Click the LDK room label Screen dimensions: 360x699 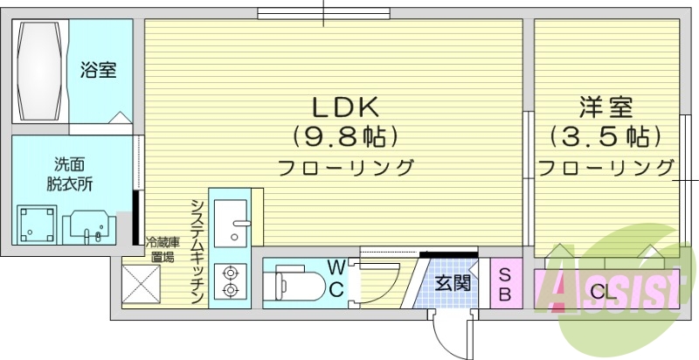(x=345, y=107)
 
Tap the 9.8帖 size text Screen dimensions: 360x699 (x=345, y=136)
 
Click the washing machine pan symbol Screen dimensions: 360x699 (x=38, y=224)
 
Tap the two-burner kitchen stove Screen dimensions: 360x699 (x=231, y=280)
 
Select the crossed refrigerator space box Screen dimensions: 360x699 (x=141, y=284)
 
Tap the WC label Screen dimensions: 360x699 (x=336, y=278)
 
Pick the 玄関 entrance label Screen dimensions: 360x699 (x=453, y=282)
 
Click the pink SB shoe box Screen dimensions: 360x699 (x=505, y=283)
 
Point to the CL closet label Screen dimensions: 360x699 (x=600, y=291)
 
